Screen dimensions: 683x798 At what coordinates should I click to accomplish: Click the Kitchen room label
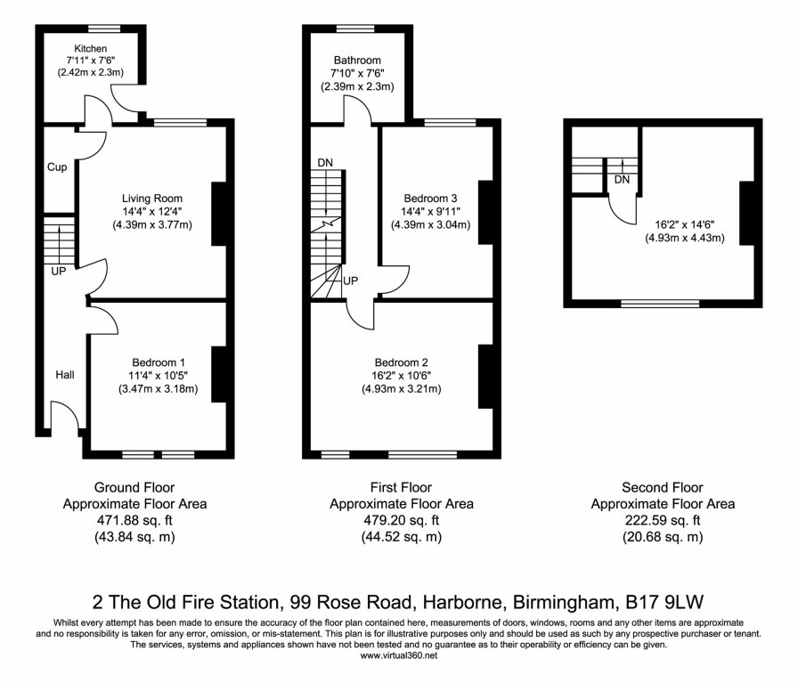91,48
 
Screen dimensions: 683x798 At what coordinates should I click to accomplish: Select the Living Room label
152,199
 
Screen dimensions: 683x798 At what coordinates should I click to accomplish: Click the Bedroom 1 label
158,362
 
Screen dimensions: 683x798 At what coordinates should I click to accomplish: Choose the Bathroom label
357,60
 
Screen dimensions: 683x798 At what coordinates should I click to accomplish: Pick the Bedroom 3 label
430,198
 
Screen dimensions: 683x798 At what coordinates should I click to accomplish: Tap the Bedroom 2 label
402,362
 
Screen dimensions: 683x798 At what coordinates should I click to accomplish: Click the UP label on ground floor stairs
58,272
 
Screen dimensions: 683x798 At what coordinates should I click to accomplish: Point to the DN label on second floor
623,181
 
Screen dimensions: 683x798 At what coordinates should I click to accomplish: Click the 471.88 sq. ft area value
134,520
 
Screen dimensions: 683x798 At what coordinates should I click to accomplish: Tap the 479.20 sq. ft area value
401,520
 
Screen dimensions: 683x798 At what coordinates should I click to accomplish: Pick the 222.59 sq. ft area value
663,520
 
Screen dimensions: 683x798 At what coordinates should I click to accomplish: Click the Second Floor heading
663,488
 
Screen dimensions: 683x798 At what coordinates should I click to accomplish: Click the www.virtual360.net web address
398,655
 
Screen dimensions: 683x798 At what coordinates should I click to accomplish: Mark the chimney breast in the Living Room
217,214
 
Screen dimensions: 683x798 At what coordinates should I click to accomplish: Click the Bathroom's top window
357,28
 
